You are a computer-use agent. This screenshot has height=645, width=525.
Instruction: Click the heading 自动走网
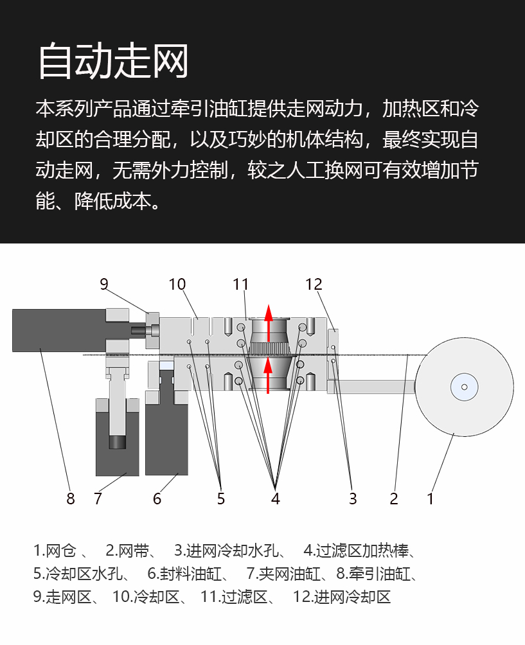click(x=113, y=61)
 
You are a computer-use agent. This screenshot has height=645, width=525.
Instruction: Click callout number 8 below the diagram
click(x=71, y=499)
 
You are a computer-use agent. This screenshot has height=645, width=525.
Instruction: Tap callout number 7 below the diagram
click(x=98, y=499)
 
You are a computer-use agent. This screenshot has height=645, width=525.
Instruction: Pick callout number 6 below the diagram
click(x=157, y=499)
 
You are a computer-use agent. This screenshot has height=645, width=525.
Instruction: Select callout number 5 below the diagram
click(x=220, y=499)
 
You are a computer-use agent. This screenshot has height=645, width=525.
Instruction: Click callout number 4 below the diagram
click(x=275, y=499)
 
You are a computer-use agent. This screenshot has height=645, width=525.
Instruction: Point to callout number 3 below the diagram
click(x=352, y=499)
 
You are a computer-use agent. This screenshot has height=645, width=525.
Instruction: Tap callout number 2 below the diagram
click(x=394, y=499)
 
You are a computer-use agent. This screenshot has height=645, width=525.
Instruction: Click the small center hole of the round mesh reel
click(x=464, y=386)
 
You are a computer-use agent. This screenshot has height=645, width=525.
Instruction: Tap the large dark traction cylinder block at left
click(x=59, y=330)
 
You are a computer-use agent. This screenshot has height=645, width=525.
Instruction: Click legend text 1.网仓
click(x=55, y=551)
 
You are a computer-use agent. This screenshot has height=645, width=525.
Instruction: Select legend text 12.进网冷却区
click(x=342, y=597)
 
